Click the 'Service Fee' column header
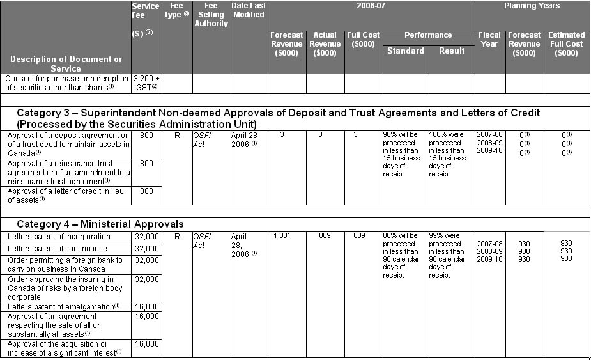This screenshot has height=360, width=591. [x=146, y=11]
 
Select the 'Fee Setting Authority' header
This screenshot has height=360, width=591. [x=211, y=15]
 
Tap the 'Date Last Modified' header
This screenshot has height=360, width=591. [x=249, y=10]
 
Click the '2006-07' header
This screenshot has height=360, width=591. [x=371, y=6]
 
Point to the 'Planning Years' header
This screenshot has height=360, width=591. [x=532, y=6]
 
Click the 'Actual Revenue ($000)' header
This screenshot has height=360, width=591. [x=325, y=44]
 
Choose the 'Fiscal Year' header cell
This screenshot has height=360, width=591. [x=489, y=40]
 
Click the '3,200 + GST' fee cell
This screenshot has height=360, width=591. [x=146, y=82]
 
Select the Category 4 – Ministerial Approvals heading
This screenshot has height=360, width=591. [x=100, y=224]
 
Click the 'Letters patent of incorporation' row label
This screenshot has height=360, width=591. [x=59, y=237]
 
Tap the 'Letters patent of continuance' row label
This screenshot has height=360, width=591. [x=58, y=248]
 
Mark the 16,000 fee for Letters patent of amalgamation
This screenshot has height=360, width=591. [x=147, y=307]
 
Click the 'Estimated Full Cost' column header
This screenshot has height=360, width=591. [x=566, y=44]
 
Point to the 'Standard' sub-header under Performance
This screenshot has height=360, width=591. [x=405, y=51]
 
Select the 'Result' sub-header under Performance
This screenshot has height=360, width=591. [x=452, y=51]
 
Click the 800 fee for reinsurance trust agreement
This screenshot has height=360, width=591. [x=146, y=164]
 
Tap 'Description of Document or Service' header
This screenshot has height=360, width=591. [x=66, y=63]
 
